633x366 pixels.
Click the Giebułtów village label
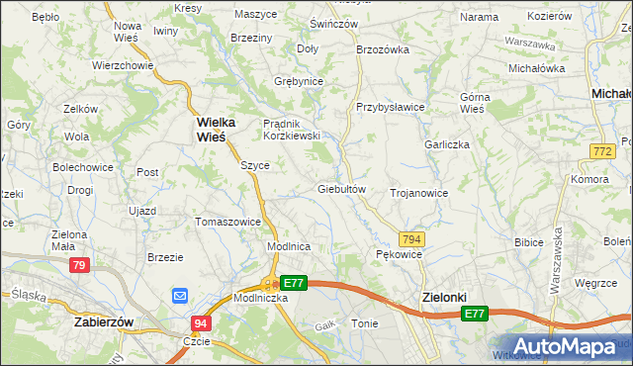coord(342,189)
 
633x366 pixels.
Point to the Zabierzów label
coord(105,321)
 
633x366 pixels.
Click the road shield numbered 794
coord(412,239)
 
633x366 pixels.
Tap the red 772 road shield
coord(598,150)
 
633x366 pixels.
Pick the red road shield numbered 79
coord(80,265)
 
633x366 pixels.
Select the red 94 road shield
coord(202,323)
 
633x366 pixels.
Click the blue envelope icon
coord(179,296)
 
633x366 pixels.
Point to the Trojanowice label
coord(419,193)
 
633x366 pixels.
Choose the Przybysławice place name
coord(391,107)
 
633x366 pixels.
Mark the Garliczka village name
coord(447,144)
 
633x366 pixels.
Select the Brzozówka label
coord(383,47)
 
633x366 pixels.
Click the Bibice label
coord(530,241)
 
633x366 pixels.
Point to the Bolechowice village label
coord(83,167)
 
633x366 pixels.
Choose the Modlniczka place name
coord(260,298)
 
